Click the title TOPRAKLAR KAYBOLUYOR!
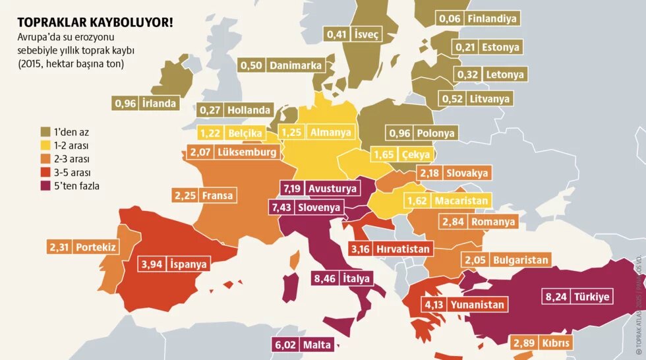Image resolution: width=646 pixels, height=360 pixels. [96, 22]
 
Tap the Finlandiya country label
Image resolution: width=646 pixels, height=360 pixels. [492, 18]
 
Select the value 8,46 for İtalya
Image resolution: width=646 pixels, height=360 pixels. [325, 278]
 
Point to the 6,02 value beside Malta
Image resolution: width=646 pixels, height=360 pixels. [284, 344]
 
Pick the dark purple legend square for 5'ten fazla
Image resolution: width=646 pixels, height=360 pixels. [46, 186]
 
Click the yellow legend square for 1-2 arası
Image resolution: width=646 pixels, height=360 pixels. [46, 145]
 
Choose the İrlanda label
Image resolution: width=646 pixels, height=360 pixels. [159, 103]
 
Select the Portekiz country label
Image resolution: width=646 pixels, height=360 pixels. [96, 247]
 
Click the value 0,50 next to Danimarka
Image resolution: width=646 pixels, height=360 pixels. [252, 65]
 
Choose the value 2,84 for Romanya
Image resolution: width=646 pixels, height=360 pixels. [454, 222]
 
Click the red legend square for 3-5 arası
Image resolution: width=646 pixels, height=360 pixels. [46, 172]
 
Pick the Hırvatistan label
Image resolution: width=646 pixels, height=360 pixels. [403, 249]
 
